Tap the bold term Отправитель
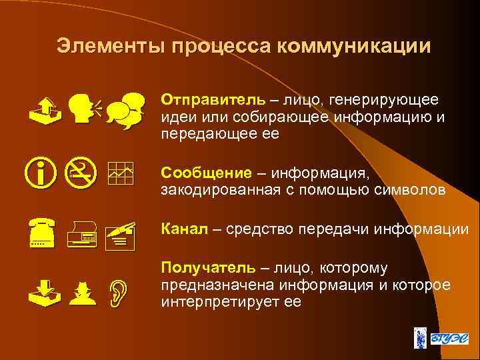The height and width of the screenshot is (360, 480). click(211, 100)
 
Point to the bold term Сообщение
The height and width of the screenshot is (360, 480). click(206, 173)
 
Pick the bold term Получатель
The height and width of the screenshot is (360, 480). click(207, 268)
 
